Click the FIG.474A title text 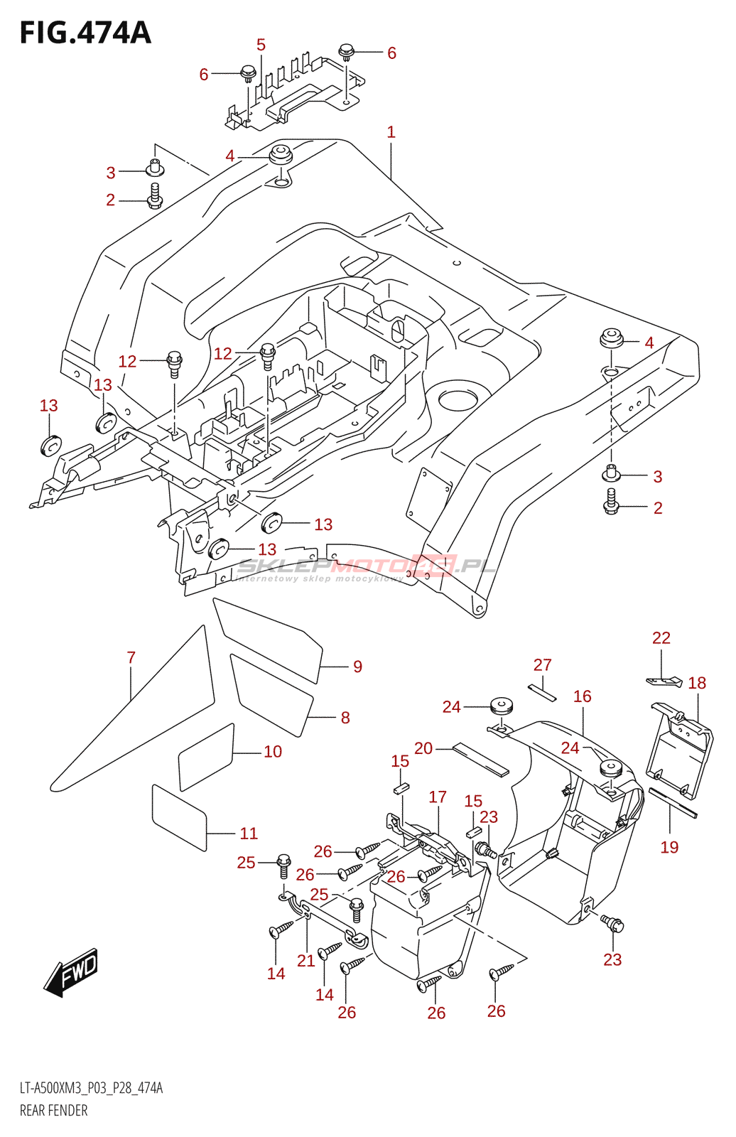[85, 33]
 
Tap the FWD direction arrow [72, 972]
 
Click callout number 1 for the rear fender [391, 132]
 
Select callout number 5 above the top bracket [261, 45]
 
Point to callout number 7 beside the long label [131, 658]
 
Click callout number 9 [357, 667]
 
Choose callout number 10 [273, 752]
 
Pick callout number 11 [249, 834]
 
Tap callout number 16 [583, 696]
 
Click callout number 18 [697, 684]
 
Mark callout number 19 [669, 847]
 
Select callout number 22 [661, 638]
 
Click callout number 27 [543, 665]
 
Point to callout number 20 [423, 748]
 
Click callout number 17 [438, 797]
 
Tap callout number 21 [306, 961]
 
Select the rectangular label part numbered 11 [179, 817]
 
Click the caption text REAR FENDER [54, 1111]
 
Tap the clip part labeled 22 [665, 681]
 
